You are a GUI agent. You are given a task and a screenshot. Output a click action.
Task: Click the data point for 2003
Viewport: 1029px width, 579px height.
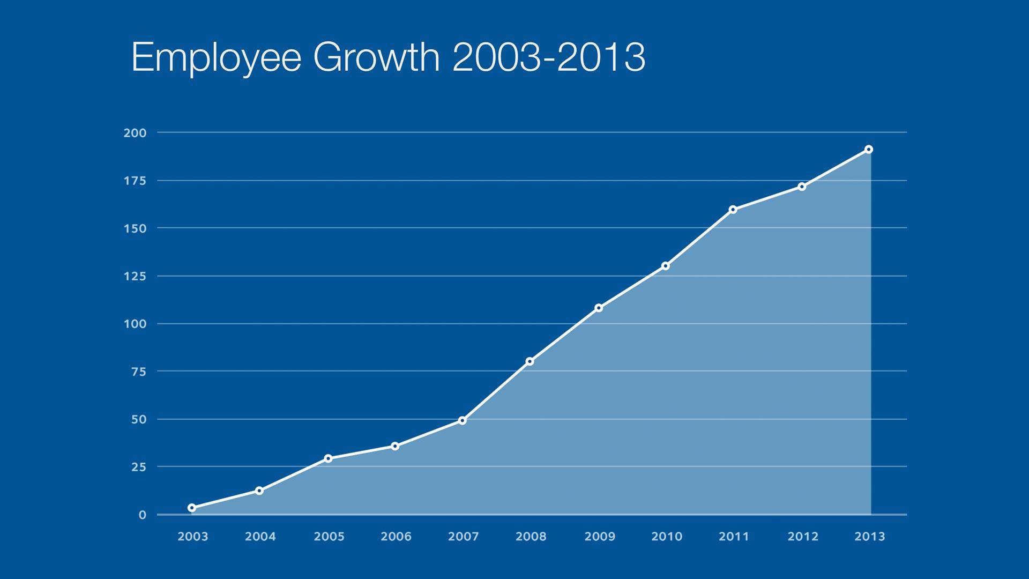pos(192,508)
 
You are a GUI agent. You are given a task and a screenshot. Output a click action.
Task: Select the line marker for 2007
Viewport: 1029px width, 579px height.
pos(463,421)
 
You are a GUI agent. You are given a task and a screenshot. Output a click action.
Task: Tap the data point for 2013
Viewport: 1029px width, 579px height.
pos(869,150)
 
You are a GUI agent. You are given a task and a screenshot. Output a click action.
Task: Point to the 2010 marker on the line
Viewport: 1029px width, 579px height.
pos(666,266)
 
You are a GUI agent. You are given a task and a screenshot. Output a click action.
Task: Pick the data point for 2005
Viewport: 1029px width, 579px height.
pos(328,458)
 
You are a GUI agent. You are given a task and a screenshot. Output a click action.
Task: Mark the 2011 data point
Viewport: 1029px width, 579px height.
pos(733,210)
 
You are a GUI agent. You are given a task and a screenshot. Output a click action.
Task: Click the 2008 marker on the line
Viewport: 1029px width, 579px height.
pos(530,361)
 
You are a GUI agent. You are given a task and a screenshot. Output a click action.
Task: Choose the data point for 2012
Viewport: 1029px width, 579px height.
pos(802,187)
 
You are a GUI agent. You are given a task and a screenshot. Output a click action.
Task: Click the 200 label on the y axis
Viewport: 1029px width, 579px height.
pos(135,133)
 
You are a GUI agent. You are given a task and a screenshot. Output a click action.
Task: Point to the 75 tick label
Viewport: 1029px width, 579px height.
pos(138,372)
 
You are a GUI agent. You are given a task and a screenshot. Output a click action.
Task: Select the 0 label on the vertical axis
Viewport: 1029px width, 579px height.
pos(142,515)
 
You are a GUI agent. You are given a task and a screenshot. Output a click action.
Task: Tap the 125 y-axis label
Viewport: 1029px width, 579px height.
pos(135,277)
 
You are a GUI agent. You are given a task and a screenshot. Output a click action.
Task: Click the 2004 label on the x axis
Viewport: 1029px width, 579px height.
pos(260,537)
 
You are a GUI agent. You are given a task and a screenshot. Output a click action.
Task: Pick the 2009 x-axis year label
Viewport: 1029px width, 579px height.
pos(600,537)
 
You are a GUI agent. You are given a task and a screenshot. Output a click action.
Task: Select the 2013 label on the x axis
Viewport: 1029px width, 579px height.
pos(870,537)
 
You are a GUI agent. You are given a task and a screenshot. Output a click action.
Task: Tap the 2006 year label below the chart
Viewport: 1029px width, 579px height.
pos(396,537)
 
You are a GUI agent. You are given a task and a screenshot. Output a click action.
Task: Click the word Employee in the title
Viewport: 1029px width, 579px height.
pos(216,57)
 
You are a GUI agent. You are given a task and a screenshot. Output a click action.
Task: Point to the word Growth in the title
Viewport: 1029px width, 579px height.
pos(376,57)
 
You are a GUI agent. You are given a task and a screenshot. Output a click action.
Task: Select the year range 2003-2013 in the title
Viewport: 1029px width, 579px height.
pos(549,57)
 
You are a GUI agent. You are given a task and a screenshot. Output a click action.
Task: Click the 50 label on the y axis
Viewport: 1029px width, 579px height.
pos(138,420)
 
